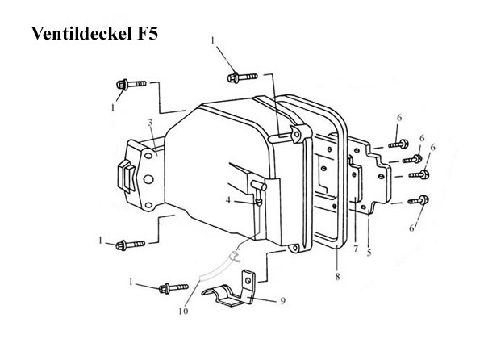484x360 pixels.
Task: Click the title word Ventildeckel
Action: pyautogui.click(x=82, y=33)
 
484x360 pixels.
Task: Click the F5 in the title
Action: pyautogui.click(x=148, y=33)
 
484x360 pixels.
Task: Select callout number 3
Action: pyautogui.click(x=150, y=123)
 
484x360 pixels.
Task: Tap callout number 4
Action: pyautogui.click(x=228, y=200)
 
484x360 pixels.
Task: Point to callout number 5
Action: pyautogui.click(x=369, y=253)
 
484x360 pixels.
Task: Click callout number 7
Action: pyautogui.click(x=356, y=249)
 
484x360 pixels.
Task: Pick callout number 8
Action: pyautogui.click(x=337, y=276)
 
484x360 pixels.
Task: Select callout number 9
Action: pyautogui.click(x=283, y=300)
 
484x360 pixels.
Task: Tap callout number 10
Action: pyautogui.click(x=183, y=311)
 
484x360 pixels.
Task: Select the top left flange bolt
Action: pyautogui.click(x=131, y=84)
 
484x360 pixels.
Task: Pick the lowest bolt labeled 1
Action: pyautogui.click(x=173, y=288)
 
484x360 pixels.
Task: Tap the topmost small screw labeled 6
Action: pyautogui.click(x=398, y=144)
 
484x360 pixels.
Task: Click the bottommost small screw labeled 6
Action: pyautogui.click(x=418, y=200)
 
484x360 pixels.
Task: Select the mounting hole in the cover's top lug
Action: pyautogui.click(x=297, y=134)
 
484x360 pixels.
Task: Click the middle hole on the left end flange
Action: pyautogui.click(x=148, y=178)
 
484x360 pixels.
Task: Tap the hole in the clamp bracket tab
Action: pyautogui.click(x=248, y=281)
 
